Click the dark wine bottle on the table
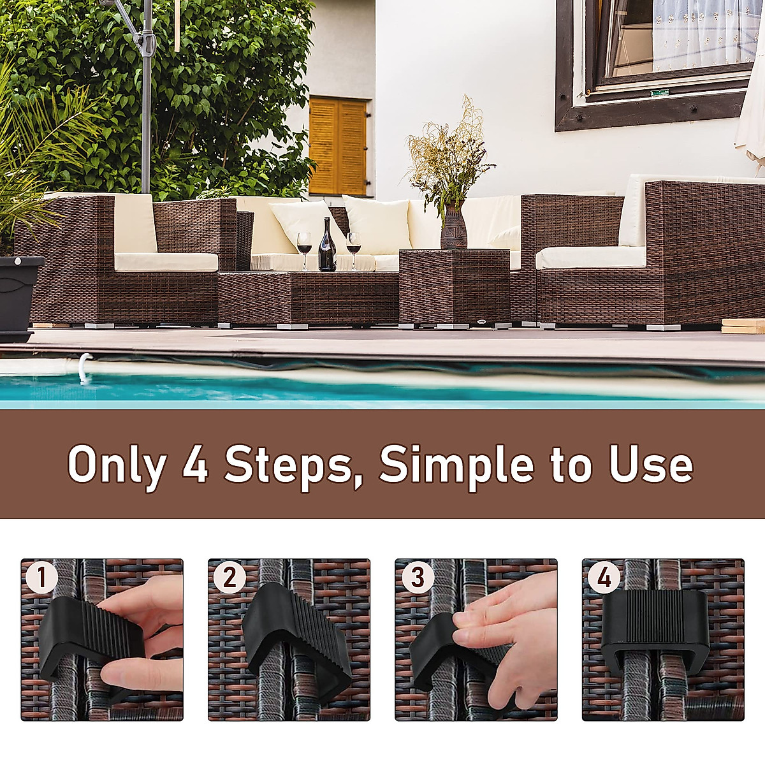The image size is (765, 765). tap(326, 247)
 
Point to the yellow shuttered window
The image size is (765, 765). tap(338, 146)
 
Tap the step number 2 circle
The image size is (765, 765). tap(229, 578)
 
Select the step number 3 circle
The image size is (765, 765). tap(416, 578)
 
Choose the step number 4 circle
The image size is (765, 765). tap(603, 578)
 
